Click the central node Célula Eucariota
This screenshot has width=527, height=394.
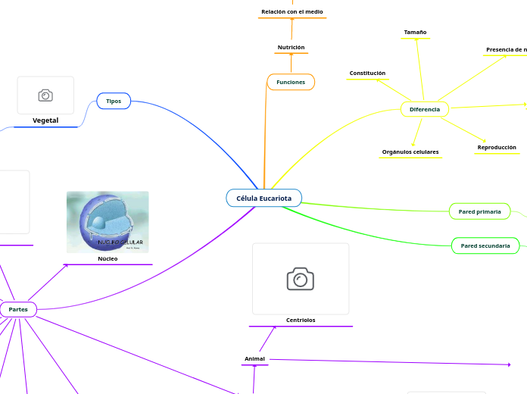tap(263, 198)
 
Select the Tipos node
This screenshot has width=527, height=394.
tap(114, 101)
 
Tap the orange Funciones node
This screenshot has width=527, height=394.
tap(291, 82)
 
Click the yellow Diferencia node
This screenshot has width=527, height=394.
tap(424, 109)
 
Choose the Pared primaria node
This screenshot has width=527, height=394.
tap(479, 211)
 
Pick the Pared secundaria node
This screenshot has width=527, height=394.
tap(485, 245)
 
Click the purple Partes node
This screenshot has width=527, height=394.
tap(18, 309)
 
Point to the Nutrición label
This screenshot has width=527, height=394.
tap(291, 48)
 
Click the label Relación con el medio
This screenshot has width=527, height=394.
tap(292, 12)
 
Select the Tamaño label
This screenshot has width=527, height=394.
tap(415, 33)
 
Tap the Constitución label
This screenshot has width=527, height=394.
tap(367, 73)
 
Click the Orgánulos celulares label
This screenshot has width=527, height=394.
tap(410, 152)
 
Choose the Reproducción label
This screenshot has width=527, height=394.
tap(497, 147)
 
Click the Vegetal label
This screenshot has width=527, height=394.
tap(45, 120)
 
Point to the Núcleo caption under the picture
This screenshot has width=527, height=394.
tap(108, 258)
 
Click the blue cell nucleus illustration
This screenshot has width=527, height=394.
tap(108, 221)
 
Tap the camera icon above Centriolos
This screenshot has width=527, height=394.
tap(301, 278)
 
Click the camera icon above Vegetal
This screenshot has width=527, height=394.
tap(45, 95)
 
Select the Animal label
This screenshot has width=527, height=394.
tap(254, 358)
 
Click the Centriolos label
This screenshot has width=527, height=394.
tap(301, 320)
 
